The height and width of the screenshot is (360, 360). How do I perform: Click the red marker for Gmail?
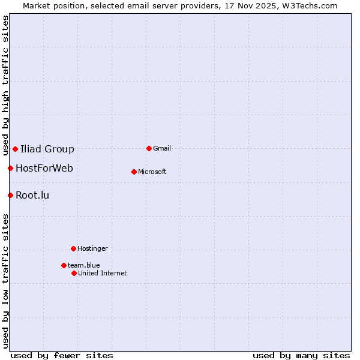click(149, 148)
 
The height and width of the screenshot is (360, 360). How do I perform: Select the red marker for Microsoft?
click(134, 172)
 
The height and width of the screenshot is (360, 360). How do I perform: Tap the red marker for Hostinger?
click(73, 248)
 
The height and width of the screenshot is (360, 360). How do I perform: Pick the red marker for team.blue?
click(64, 265)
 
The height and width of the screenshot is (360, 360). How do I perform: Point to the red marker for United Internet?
click(74, 273)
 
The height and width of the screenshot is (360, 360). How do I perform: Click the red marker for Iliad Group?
click(15, 149)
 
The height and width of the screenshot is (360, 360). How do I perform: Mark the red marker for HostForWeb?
click(10, 168)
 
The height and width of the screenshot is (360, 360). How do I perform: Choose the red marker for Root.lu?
click(10, 195)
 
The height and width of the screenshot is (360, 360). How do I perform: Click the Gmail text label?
click(162, 149)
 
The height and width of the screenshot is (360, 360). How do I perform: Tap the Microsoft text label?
click(152, 172)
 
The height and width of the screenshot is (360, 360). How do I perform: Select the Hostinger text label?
click(92, 249)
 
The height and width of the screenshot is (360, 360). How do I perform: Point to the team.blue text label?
click(84, 266)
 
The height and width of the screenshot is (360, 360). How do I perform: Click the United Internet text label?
click(103, 274)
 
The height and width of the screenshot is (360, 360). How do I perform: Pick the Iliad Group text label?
click(47, 149)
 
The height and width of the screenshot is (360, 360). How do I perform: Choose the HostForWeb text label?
click(44, 169)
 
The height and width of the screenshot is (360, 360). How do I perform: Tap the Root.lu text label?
click(32, 196)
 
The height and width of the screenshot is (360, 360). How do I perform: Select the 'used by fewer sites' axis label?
click(62, 355)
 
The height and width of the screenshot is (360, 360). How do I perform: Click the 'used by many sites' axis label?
click(301, 355)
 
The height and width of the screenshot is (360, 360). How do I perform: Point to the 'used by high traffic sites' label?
click(5, 86)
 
